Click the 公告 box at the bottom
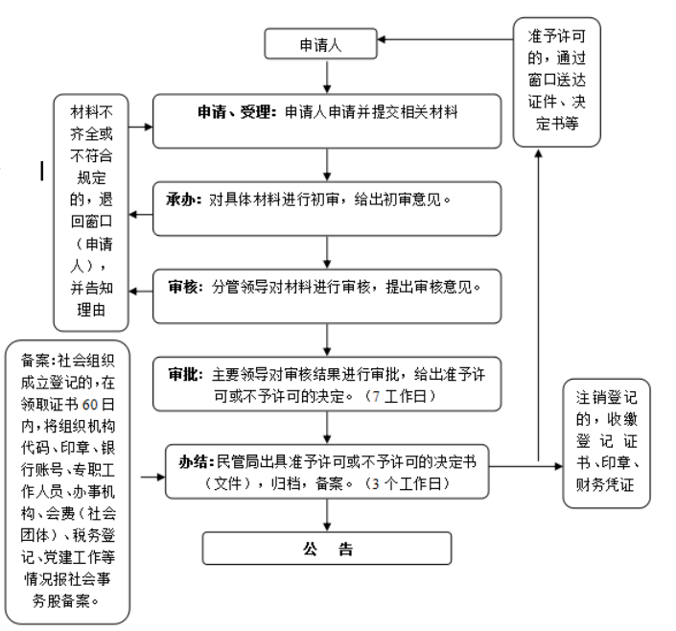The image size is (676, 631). coord(326,549)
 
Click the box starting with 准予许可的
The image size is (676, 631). coord(551,83)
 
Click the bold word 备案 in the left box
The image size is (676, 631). coord(35,361)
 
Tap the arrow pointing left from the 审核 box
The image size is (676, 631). coord(142,285)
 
